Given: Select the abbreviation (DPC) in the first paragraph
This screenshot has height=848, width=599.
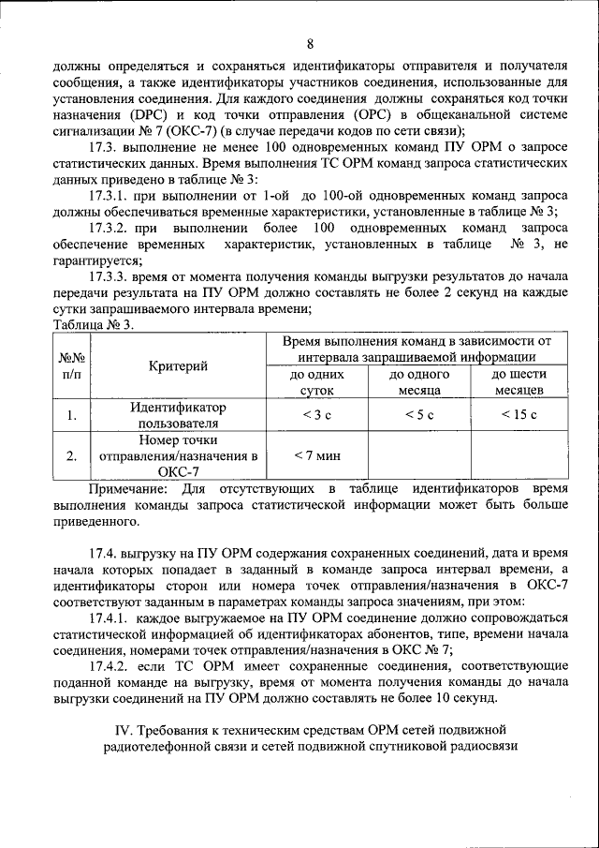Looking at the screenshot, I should pyautogui.click(x=153, y=114).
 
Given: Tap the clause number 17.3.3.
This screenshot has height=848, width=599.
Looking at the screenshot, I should pyautogui.click(x=113, y=277).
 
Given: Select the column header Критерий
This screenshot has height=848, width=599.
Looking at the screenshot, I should pyautogui.click(x=178, y=365).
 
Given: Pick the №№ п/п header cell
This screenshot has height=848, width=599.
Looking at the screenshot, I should pyautogui.click(x=72, y=365).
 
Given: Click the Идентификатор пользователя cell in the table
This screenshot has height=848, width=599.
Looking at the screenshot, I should pyautogui.click(x=178, y=415).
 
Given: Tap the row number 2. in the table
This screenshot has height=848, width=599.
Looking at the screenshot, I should pyautogui.click(x=72, y=456).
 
